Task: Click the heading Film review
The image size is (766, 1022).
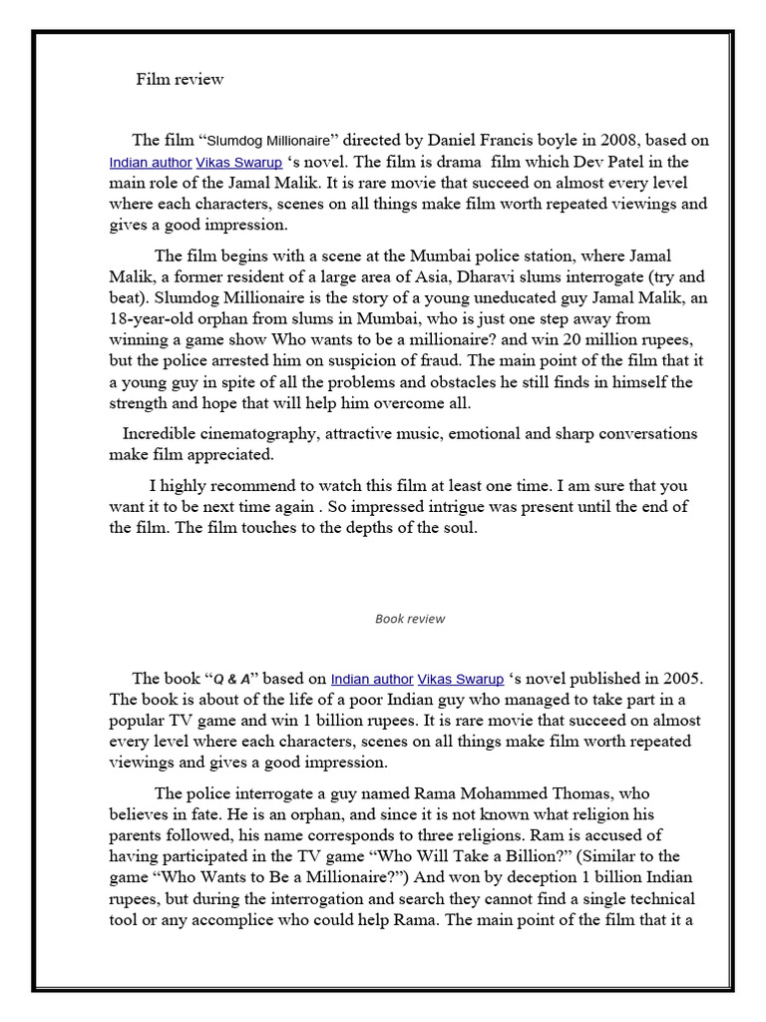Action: (180, 80)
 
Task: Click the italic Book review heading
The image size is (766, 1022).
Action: (410, 619)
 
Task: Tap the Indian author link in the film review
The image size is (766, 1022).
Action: (151, 163)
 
